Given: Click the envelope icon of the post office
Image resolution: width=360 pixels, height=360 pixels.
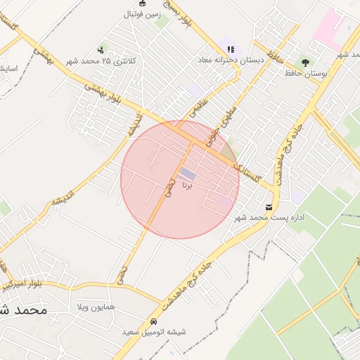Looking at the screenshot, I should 269,206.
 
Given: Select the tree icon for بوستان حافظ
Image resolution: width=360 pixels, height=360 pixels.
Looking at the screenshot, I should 305,63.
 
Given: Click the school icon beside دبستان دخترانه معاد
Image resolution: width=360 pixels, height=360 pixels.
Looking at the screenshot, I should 231,50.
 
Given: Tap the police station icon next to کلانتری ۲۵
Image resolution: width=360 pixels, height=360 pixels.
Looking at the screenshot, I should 101,50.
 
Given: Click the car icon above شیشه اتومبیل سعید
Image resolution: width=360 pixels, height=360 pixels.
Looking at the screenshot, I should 153,321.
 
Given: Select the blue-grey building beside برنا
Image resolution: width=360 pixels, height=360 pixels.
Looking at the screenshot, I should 187,173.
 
